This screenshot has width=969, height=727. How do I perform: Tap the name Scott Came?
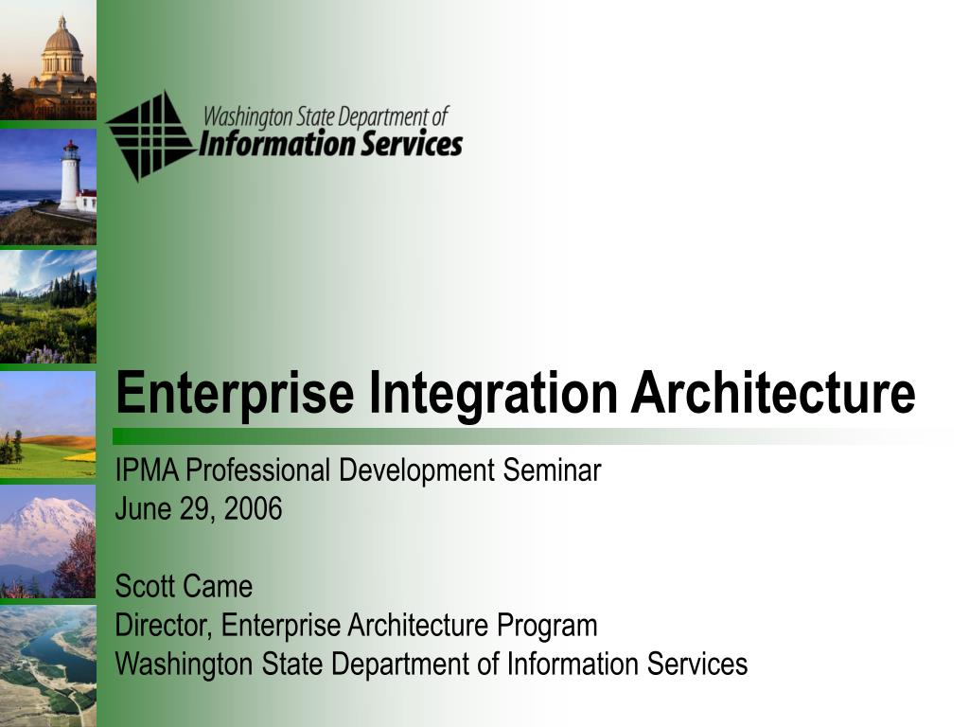pos(184,587)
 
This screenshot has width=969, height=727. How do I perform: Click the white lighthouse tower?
pos(69,177)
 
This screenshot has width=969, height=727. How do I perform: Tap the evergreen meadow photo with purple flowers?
pos(47,308)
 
